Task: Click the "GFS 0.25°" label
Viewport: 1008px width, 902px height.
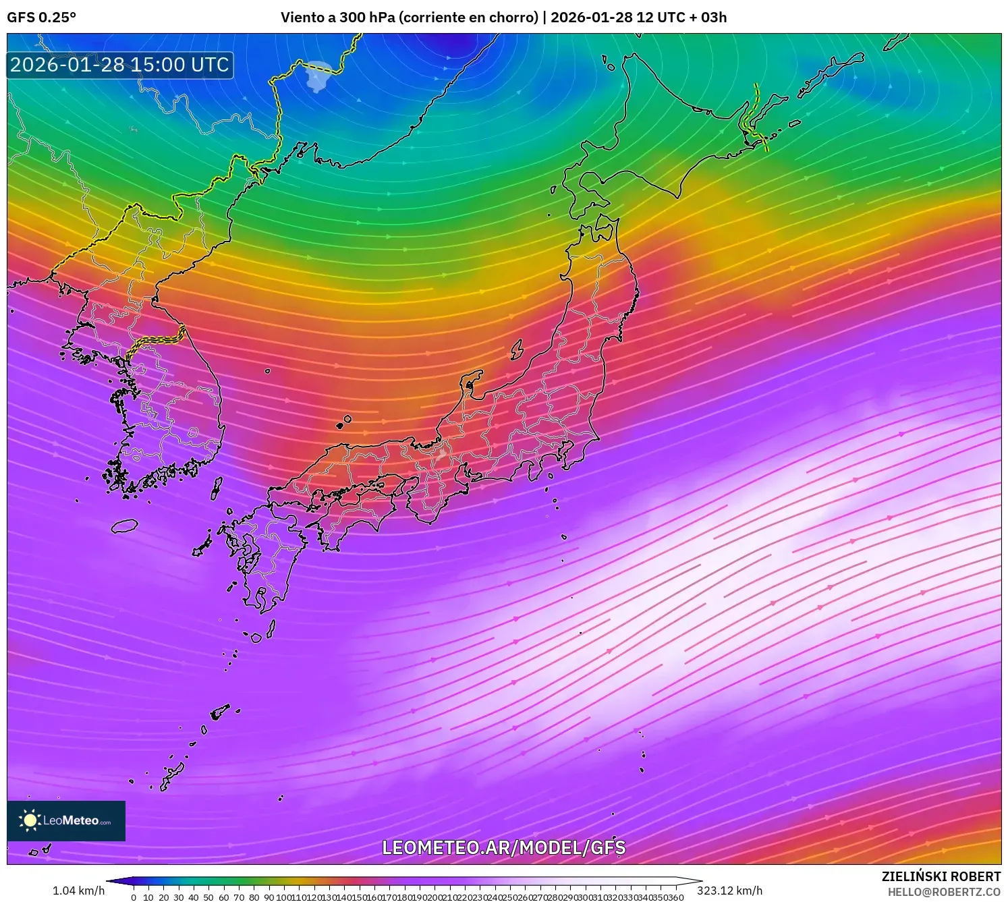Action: tap(41, 18)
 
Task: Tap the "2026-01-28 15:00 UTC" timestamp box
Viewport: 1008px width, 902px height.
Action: tap(120, 65)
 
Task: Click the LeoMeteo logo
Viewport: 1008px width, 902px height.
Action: tap(66, 820)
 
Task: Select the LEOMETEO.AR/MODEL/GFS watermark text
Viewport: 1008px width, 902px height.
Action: tap(503, 847)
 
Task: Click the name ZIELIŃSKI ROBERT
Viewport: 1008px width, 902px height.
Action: tap(941, 876)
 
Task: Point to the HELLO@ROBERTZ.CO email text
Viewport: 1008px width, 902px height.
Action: tap(943, 892)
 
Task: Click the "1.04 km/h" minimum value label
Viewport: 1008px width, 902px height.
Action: tap(78, 891)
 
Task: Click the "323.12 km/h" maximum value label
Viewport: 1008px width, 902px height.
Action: tap(729, 891)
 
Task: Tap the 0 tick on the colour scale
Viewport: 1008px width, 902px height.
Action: tap(134, 897)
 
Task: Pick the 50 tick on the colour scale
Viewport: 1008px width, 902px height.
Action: tap(208, 897)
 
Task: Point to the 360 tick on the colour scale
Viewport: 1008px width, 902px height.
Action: tap(677, 897)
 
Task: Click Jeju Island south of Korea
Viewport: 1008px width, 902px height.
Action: tap(124, 526)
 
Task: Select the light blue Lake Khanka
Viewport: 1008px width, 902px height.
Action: tap(318, 74)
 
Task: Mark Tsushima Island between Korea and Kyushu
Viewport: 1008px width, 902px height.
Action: tap(217, 488)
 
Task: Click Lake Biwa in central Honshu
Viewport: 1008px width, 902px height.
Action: tap(441, 453)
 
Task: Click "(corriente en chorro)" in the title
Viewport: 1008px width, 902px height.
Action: tap(469, 18)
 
